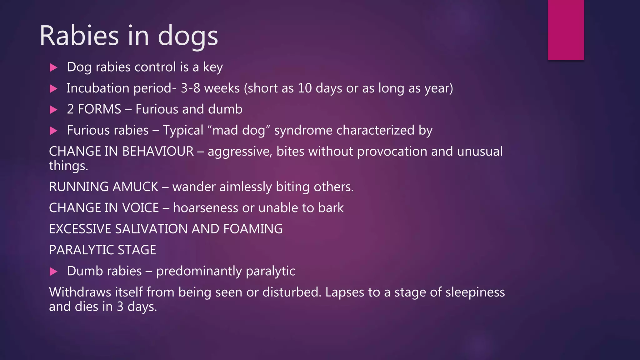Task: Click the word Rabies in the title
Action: tap(79, 36)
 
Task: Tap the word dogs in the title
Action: tap(188, 36)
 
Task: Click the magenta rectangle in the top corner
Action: tap(566, 30)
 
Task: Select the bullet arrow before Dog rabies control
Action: tap(53, 67)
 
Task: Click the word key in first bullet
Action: tap(213, 67)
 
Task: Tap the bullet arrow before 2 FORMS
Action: tap(53, 110)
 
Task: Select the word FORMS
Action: tap(99, 109)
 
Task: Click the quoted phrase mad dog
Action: tap(239, 130)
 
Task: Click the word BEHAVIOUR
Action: tap(158, 151)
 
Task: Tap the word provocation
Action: tap(392, 151)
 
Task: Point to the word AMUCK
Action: tap(135, 187)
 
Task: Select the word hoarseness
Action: tap(205, 208)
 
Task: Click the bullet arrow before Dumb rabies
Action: tap(53, 272)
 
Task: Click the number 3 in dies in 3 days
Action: tap(120, 307)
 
